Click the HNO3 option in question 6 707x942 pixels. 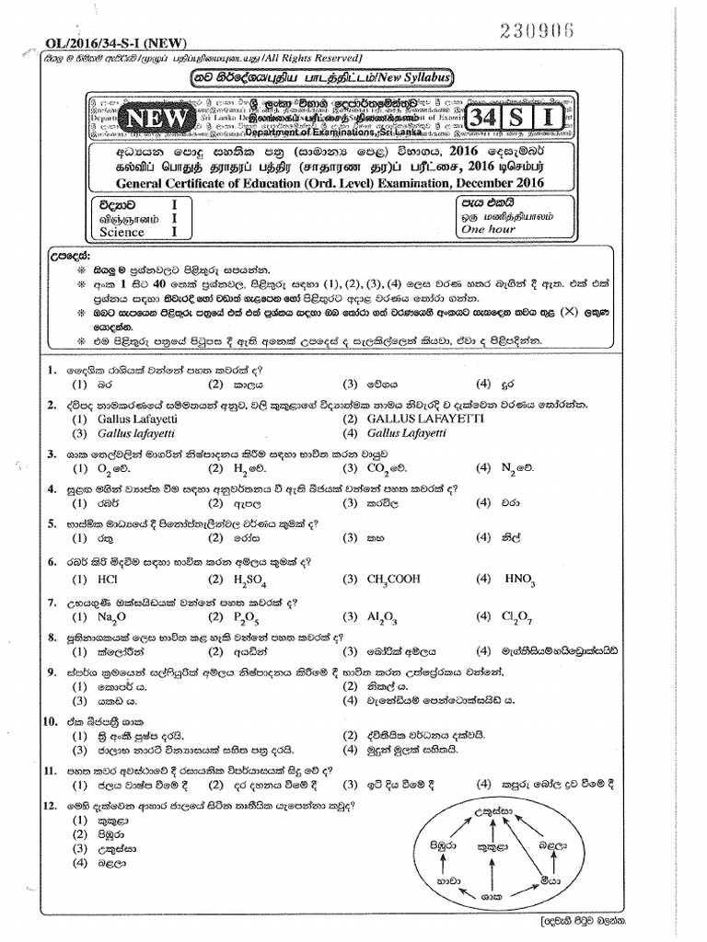[x=520, y=580]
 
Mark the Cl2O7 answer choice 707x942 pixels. [x=518, y=618]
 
